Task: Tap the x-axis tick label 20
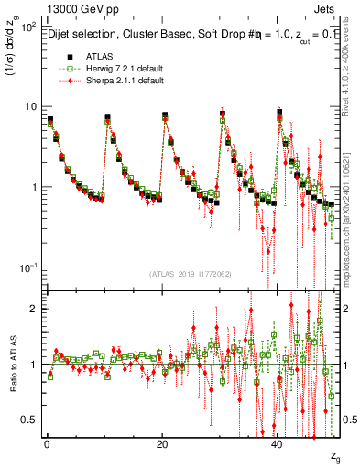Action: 162,443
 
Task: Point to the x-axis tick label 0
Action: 46,443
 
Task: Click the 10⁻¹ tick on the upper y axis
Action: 27,267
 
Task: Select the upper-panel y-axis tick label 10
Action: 29,107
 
